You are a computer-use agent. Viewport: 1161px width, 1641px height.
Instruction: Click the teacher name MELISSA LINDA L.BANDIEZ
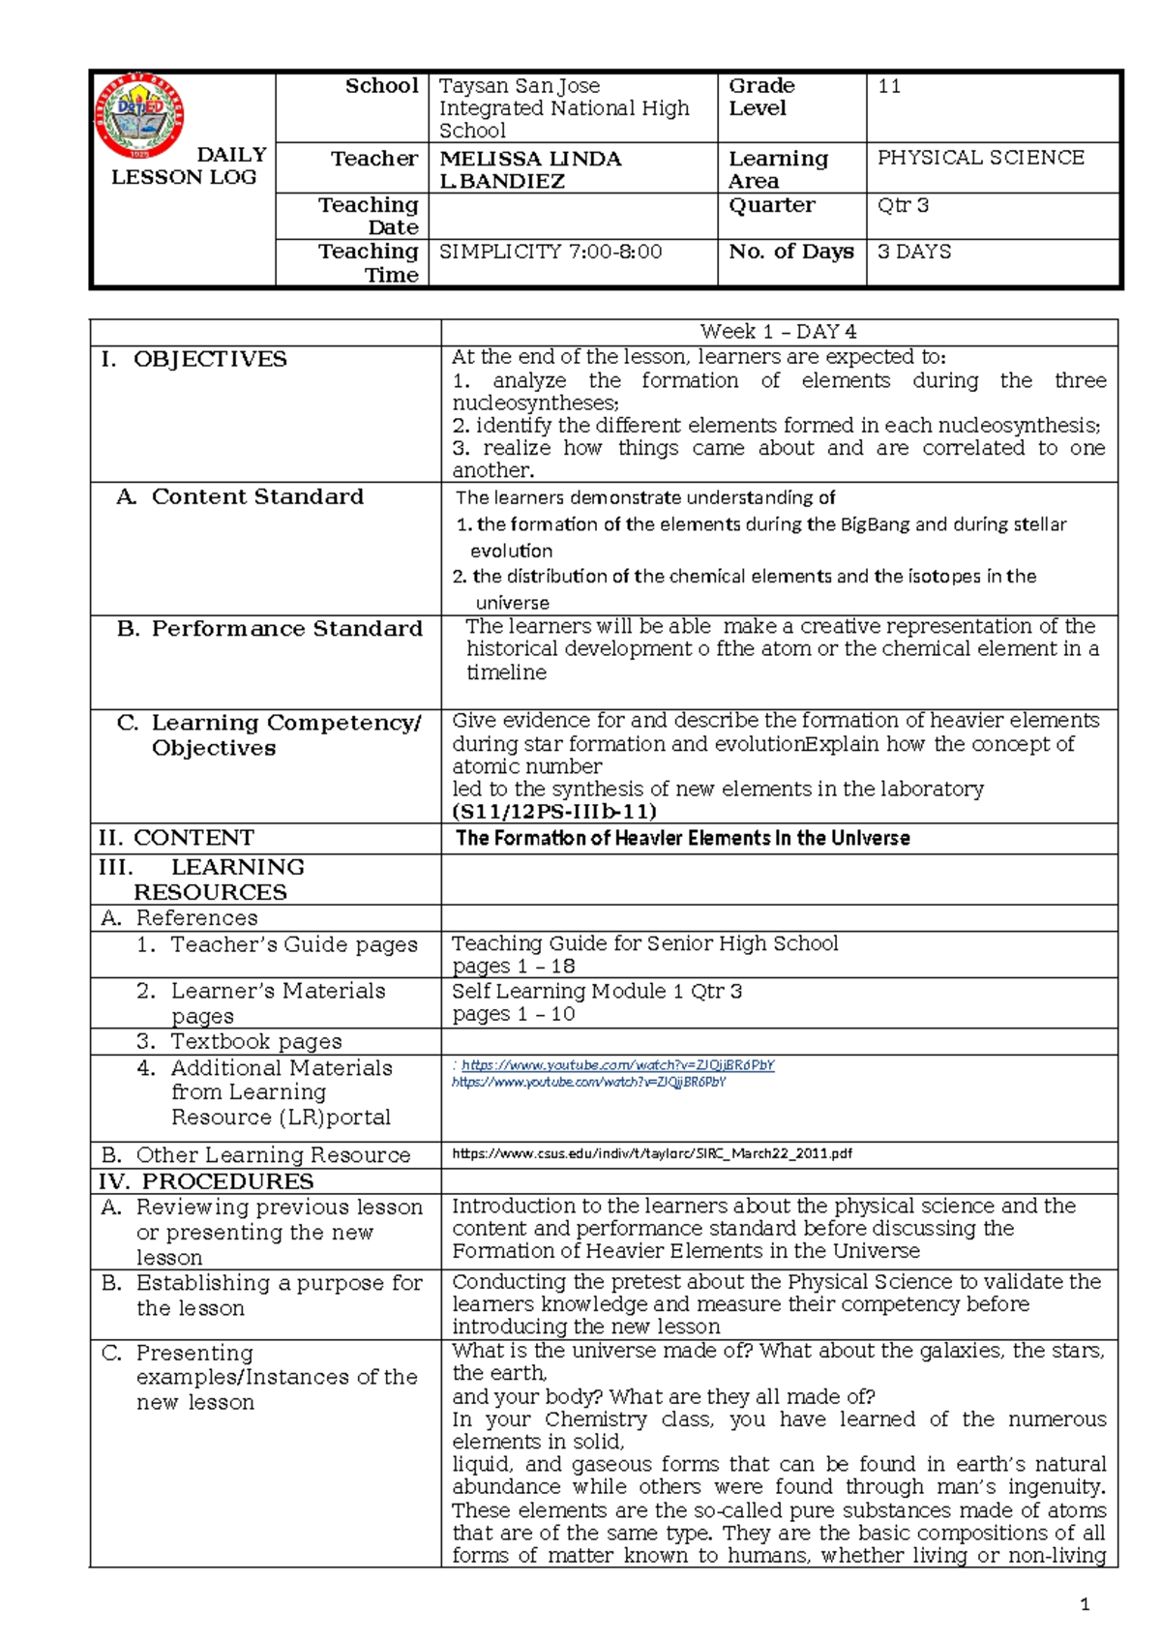click(530, 169)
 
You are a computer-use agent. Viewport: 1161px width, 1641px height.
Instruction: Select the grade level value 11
click(889, 86)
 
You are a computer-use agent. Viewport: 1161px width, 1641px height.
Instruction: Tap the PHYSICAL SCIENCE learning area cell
click(980, 158)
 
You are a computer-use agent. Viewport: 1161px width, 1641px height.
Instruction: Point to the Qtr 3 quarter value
click(903, 205)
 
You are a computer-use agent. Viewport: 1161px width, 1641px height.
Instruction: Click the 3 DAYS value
click(913, 252)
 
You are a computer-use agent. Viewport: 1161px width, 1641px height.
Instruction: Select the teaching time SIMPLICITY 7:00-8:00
click(551, 252)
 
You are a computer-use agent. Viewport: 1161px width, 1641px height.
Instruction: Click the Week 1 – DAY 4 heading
click(778, 332)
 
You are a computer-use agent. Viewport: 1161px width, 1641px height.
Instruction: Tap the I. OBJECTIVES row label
click(194, 359)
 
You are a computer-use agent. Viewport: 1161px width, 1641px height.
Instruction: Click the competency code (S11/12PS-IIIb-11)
click(554, 811)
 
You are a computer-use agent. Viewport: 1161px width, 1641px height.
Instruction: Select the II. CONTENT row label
click(177, 838)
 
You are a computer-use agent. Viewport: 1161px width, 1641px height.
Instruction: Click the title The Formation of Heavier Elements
click(682, 838)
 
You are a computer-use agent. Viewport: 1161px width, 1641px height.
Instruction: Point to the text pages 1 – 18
click(513, 966)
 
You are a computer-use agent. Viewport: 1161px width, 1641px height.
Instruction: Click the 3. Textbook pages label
click(239, 1041)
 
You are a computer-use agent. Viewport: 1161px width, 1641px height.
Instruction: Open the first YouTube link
click(615, 1065)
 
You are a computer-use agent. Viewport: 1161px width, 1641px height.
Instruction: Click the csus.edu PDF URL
click(651, 1153)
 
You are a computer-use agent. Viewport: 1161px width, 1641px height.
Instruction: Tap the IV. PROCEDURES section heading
click(205, 1181)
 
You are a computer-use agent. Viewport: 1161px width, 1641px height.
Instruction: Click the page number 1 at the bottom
click(1084, 1604)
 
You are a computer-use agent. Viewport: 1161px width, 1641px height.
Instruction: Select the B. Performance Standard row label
click(270, 629)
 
